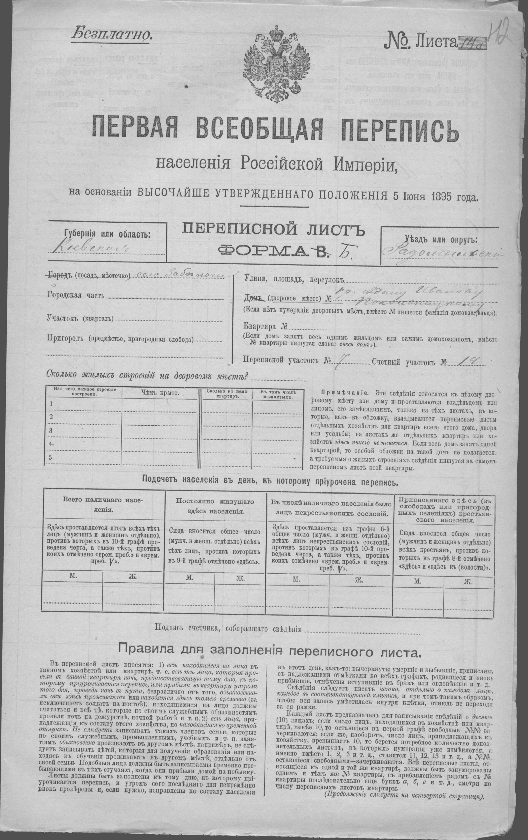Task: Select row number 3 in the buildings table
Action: (51, 431)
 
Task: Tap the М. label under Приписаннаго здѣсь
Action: (417, 582)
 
